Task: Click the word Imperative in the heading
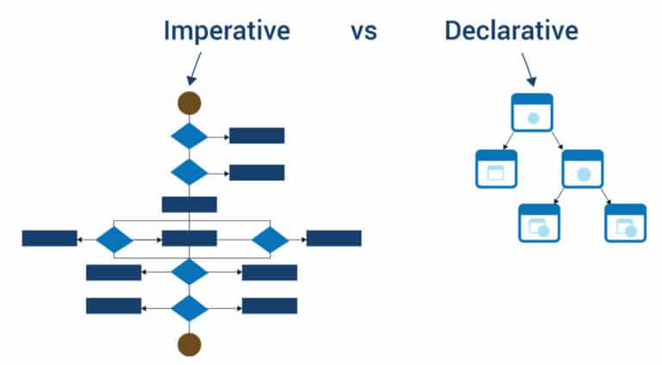(x=226, y=31)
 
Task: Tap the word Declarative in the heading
(x=511, y=31)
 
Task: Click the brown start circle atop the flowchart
(x=190, y=104)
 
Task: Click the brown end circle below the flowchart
(x=190, y=344)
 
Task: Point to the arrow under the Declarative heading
(x=528, y=67)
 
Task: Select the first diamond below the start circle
(x=190, y=136)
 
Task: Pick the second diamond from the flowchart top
(x=190, y=172)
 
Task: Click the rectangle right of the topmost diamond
(x=257, y=135)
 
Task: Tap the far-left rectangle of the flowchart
(x=49, y=238)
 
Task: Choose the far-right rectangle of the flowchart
(x=334, y=238)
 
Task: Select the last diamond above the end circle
(x=190, y=306)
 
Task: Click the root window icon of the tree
(x=532, y=111)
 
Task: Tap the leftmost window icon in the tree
(x=496, y=168)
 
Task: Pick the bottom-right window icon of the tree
(x=625, y=223)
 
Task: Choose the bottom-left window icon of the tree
(x=539, y=223)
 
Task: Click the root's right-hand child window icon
(x=583, y=168)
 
